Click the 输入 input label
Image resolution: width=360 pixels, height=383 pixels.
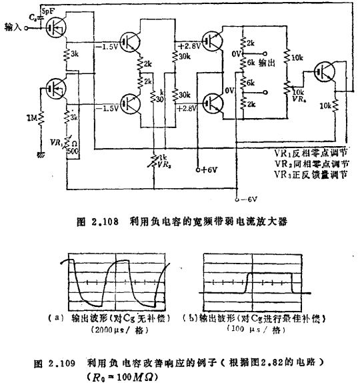pos(13,27)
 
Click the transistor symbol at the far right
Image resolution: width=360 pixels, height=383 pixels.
pos(326,71)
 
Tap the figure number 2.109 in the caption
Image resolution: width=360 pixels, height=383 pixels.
pos(66,365)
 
